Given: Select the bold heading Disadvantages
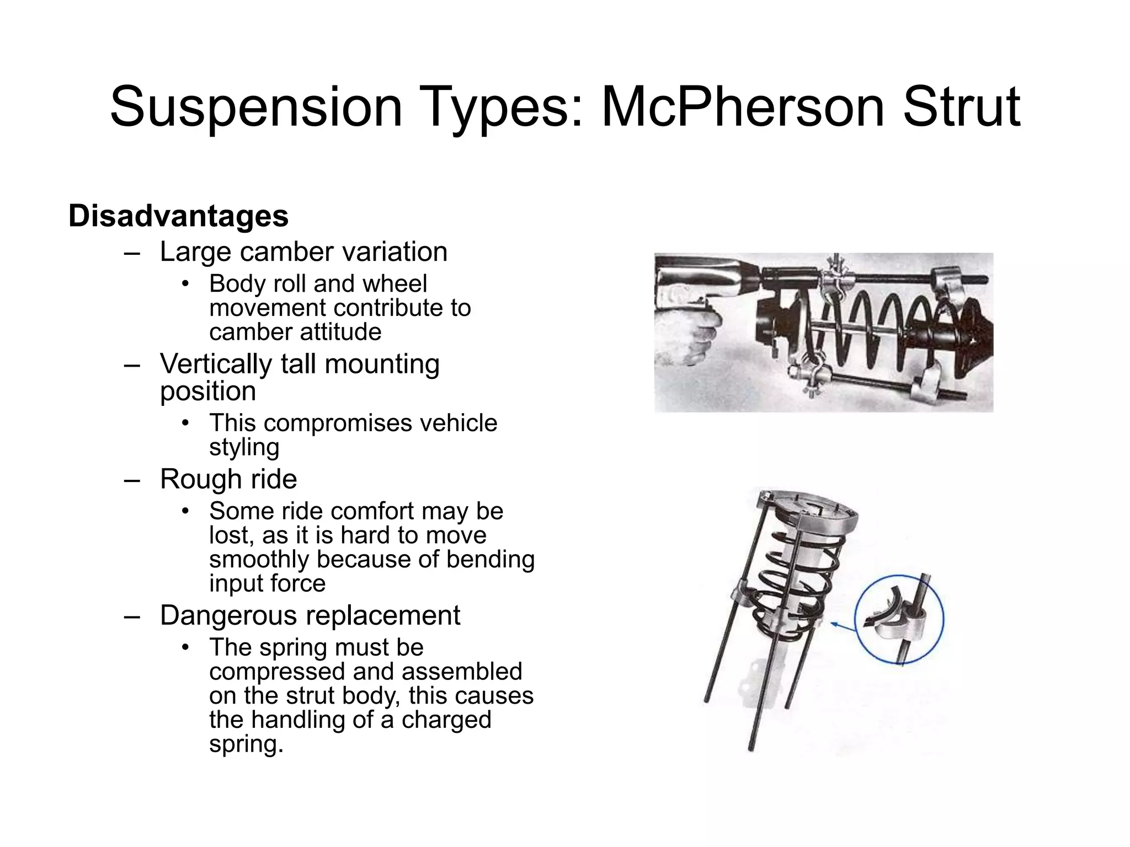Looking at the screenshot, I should [178, 216].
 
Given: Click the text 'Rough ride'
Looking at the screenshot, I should [228, 479].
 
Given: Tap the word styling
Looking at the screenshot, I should [244, 447].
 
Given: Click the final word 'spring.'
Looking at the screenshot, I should [246, 744].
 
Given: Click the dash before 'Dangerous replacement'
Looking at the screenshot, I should [131, 615].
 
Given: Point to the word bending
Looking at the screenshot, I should [491, 559].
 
